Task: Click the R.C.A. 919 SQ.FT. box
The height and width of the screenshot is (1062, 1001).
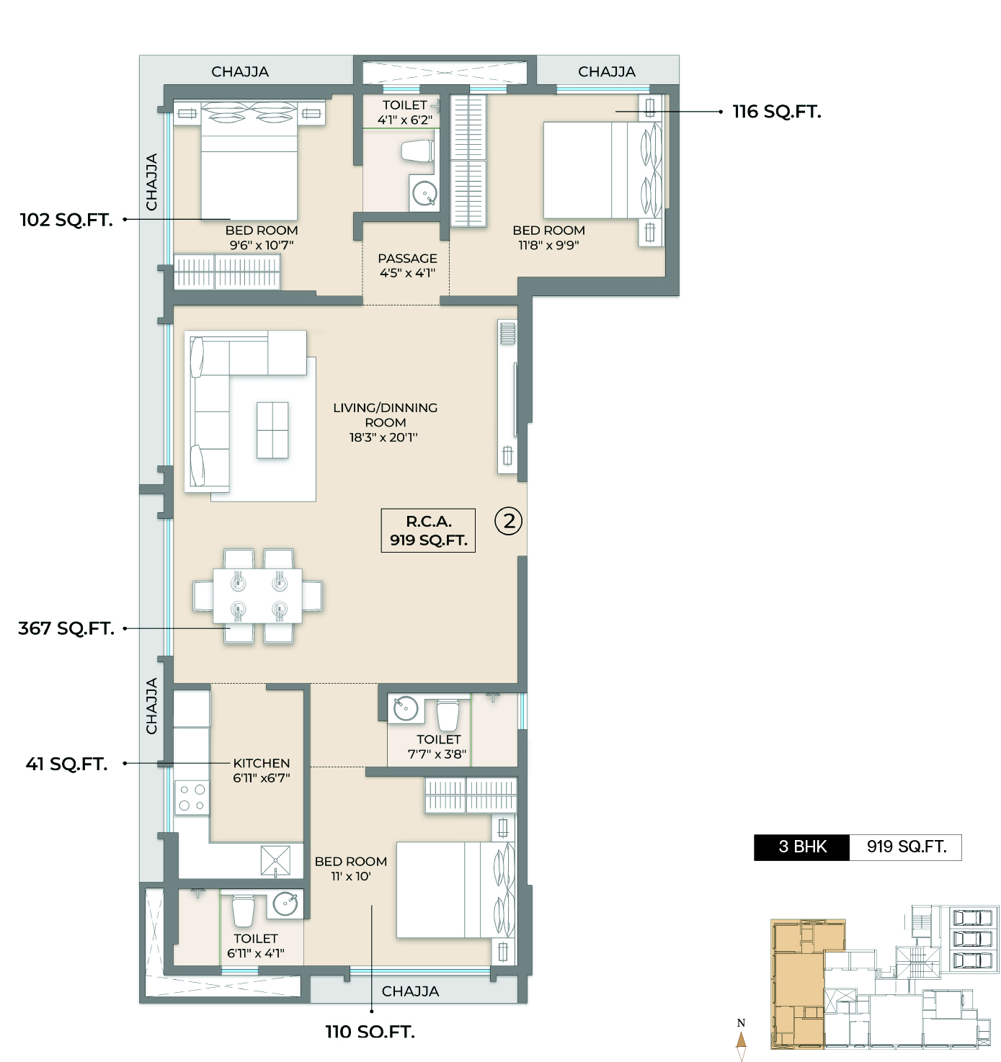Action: tap(428, 530)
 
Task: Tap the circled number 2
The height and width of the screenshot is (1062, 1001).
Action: tap(509, 521)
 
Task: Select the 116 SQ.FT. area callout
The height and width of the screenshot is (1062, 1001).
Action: tap(776, 112)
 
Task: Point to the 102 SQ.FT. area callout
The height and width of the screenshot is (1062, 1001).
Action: tap(66, 220)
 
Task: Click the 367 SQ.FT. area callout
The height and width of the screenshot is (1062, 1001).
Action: tap(66, 628)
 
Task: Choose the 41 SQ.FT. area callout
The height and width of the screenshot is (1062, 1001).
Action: tap(66, 764)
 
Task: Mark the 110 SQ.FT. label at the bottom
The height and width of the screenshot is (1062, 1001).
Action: tap(370, 1032)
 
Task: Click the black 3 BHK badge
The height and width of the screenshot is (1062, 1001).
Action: tap(802, 847)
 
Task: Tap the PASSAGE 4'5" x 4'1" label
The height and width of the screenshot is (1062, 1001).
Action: tap(407, 265)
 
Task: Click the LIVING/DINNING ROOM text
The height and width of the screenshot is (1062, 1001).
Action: tap(385, 415)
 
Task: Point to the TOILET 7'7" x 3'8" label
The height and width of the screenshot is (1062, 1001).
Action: tap(438, 746)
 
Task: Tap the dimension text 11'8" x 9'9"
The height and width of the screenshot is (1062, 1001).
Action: tap(548, 245)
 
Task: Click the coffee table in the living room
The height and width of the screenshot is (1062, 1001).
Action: tap(272, 430)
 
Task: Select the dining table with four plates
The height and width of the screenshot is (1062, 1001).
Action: tap(257, 595)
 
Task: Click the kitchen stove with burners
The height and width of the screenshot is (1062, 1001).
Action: tap(192, 798)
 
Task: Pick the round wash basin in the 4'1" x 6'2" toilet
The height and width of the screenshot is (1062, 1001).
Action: tap(424, 194)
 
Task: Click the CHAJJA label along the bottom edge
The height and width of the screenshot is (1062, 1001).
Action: tap(410, 991)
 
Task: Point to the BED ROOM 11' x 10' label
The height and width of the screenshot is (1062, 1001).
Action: tap(351, 868)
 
